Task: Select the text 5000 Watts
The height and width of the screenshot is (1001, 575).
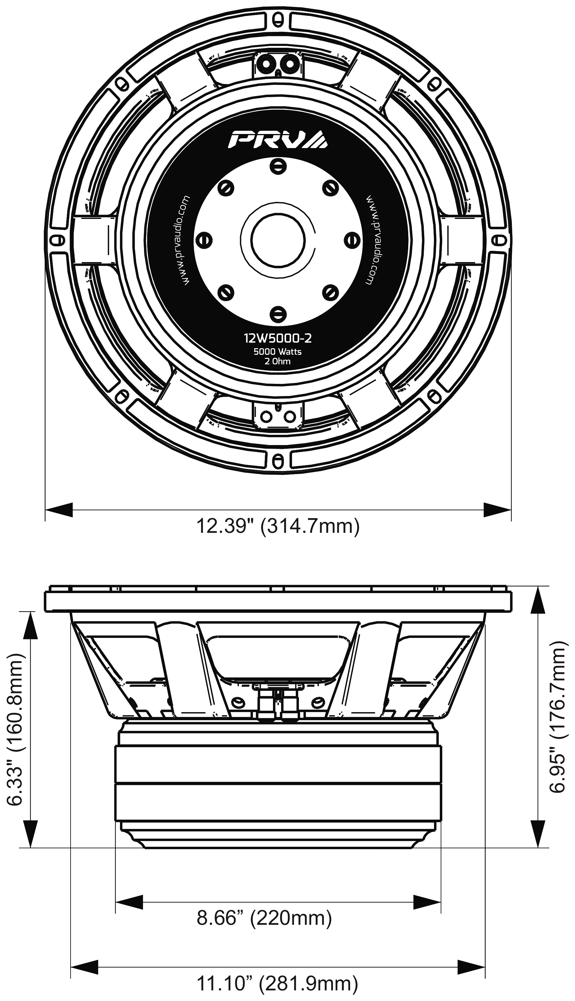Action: tap(278, 351)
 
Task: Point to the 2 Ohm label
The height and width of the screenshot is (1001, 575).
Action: tap(278, 361)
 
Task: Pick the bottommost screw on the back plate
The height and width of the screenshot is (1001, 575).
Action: tap(278, 314)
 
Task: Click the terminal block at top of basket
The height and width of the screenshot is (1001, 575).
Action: tap(278, 65)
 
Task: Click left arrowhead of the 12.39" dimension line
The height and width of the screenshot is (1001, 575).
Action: tap(59, 509)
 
